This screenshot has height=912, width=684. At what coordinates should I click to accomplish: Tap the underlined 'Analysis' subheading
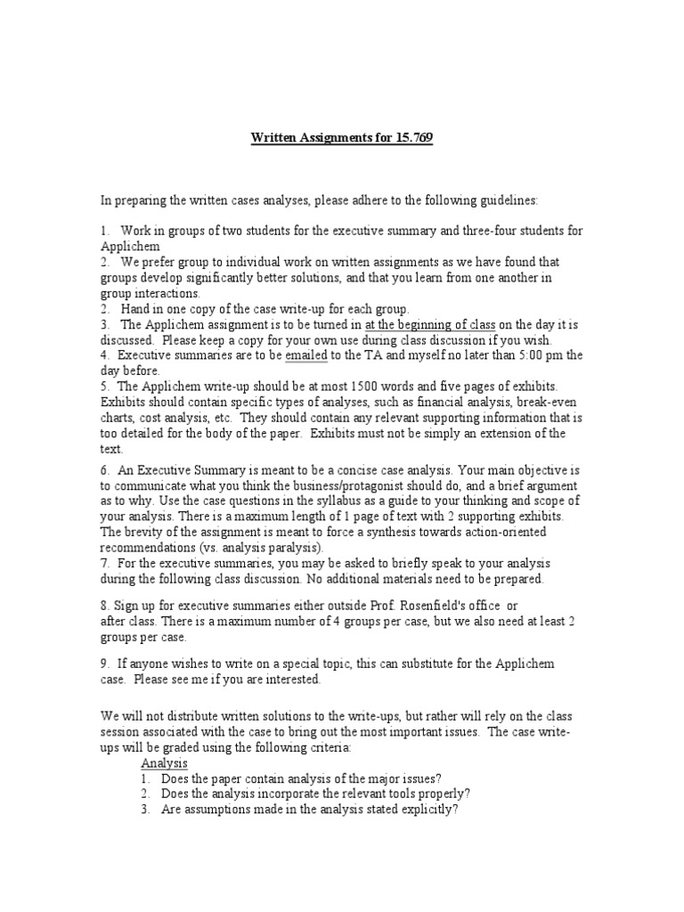165,764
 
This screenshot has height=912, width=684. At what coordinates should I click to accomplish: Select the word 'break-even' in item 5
552,402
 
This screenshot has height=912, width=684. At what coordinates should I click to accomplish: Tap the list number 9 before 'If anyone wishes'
105,664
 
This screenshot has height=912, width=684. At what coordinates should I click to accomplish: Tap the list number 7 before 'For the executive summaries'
105,563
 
